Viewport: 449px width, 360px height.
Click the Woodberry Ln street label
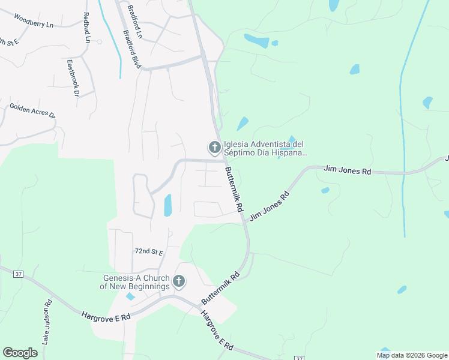click(x=33, y=22)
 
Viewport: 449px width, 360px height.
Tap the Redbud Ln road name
click(x=87, y=28)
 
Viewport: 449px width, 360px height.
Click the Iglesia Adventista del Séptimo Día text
click(x=265, y=148)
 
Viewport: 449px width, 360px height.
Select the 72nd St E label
click(x=149, y=251)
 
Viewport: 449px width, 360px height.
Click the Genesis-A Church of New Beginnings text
click(x=136, y=282)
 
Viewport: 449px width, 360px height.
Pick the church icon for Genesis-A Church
click(x=178, y=281)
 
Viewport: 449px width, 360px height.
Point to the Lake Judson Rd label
click(x=47, y=322)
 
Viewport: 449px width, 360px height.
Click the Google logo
click(x=20, y=353)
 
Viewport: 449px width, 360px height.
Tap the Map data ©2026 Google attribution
click(x=412, y=355)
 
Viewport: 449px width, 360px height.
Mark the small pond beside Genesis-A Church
click(x=130, y=296)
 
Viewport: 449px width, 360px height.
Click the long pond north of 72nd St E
click(x=167, y=205)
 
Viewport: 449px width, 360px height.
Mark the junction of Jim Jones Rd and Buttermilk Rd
click(x=244, y=220)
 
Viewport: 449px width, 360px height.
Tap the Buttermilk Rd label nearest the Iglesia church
click(x=233, y=189)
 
